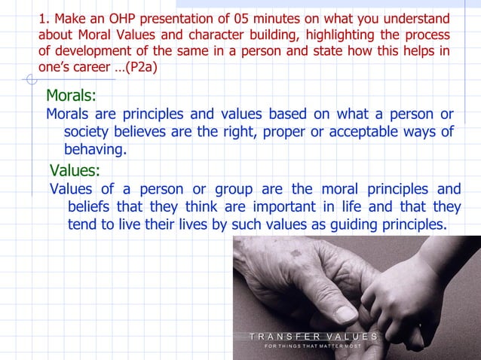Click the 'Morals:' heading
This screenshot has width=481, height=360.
point(71,96)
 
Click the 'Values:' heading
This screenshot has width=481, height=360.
point(74,169)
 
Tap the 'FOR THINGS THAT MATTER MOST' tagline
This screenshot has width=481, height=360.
point(313,346)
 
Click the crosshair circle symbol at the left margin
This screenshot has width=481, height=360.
point(30,79)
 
